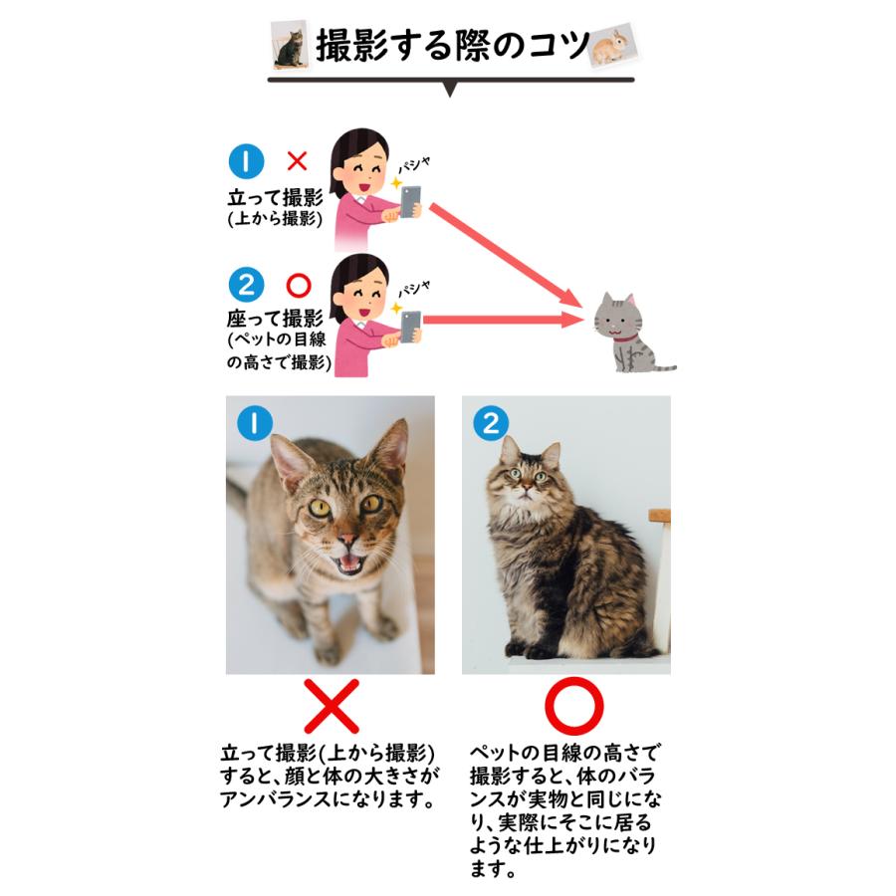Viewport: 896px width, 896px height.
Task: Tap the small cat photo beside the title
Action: click(x=289, y=45)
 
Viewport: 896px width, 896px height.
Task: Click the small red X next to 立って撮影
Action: click(x=297, y=160)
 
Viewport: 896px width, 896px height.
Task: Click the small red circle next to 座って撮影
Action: click(x=298, y=287)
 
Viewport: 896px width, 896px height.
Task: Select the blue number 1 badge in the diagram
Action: click(x=246, y=160)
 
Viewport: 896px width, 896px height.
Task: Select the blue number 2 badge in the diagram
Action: click(x=246, y=287)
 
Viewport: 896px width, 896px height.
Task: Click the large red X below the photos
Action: click(x=330, y=707)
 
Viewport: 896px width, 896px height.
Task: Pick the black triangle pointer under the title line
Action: click(x=450, y=91)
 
